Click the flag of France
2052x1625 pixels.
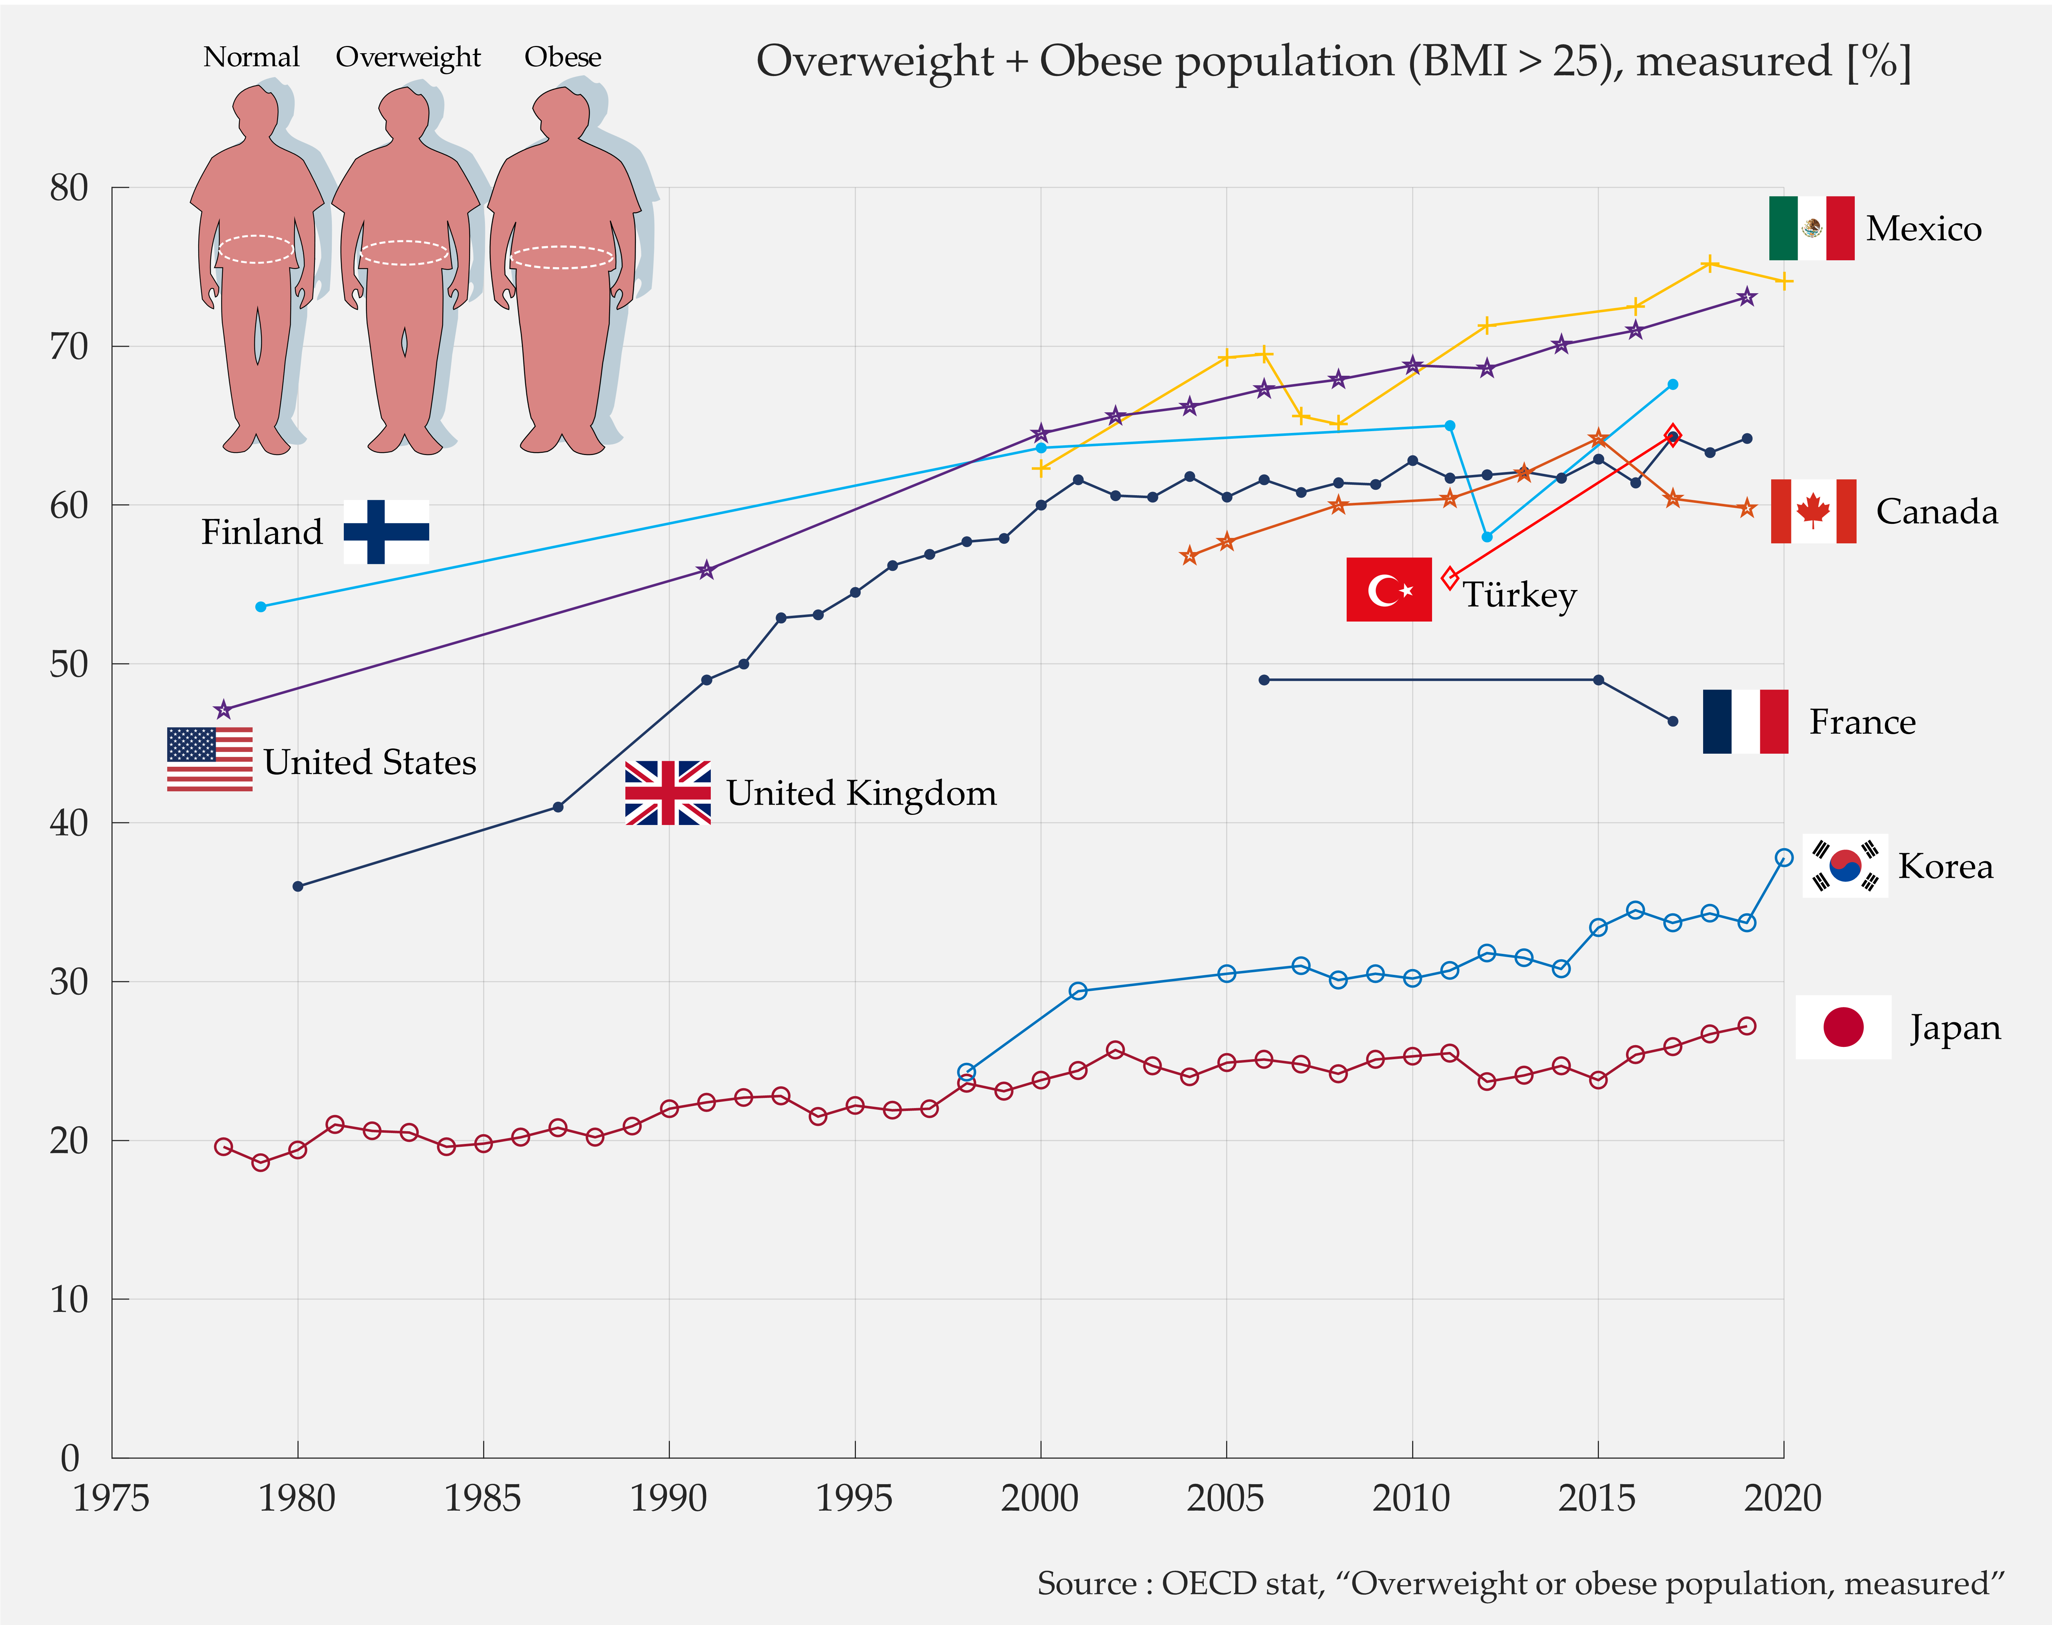coord(1745,721)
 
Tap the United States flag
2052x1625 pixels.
coord(209,759)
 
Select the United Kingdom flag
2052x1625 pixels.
coord(668,792)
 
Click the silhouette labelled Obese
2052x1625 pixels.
coord(564,271)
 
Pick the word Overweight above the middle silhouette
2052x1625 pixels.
coord(408,57)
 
